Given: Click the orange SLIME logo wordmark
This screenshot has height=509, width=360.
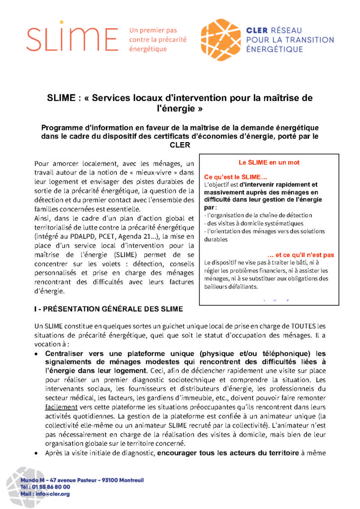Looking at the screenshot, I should point(72,39).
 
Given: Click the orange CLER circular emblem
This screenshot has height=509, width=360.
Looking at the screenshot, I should point(221,40).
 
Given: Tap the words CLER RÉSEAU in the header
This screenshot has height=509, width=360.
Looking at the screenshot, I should point(274,31).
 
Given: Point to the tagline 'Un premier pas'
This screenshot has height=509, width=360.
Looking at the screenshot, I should point(153,30).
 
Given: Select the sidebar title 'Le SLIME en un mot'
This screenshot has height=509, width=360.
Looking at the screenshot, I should point(269,163).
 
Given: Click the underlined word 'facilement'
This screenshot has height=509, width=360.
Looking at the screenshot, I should point(53,406).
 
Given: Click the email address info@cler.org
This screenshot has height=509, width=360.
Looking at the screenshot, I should point(52,494).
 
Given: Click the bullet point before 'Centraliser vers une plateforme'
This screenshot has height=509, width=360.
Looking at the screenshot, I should point(36,354).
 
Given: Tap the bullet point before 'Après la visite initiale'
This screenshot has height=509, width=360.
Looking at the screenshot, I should point(36,453).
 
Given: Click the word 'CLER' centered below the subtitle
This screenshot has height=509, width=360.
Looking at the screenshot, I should point(180,145).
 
